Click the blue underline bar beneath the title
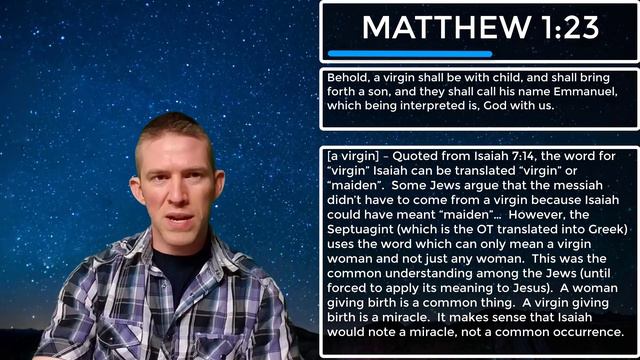(x=410, y=53)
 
